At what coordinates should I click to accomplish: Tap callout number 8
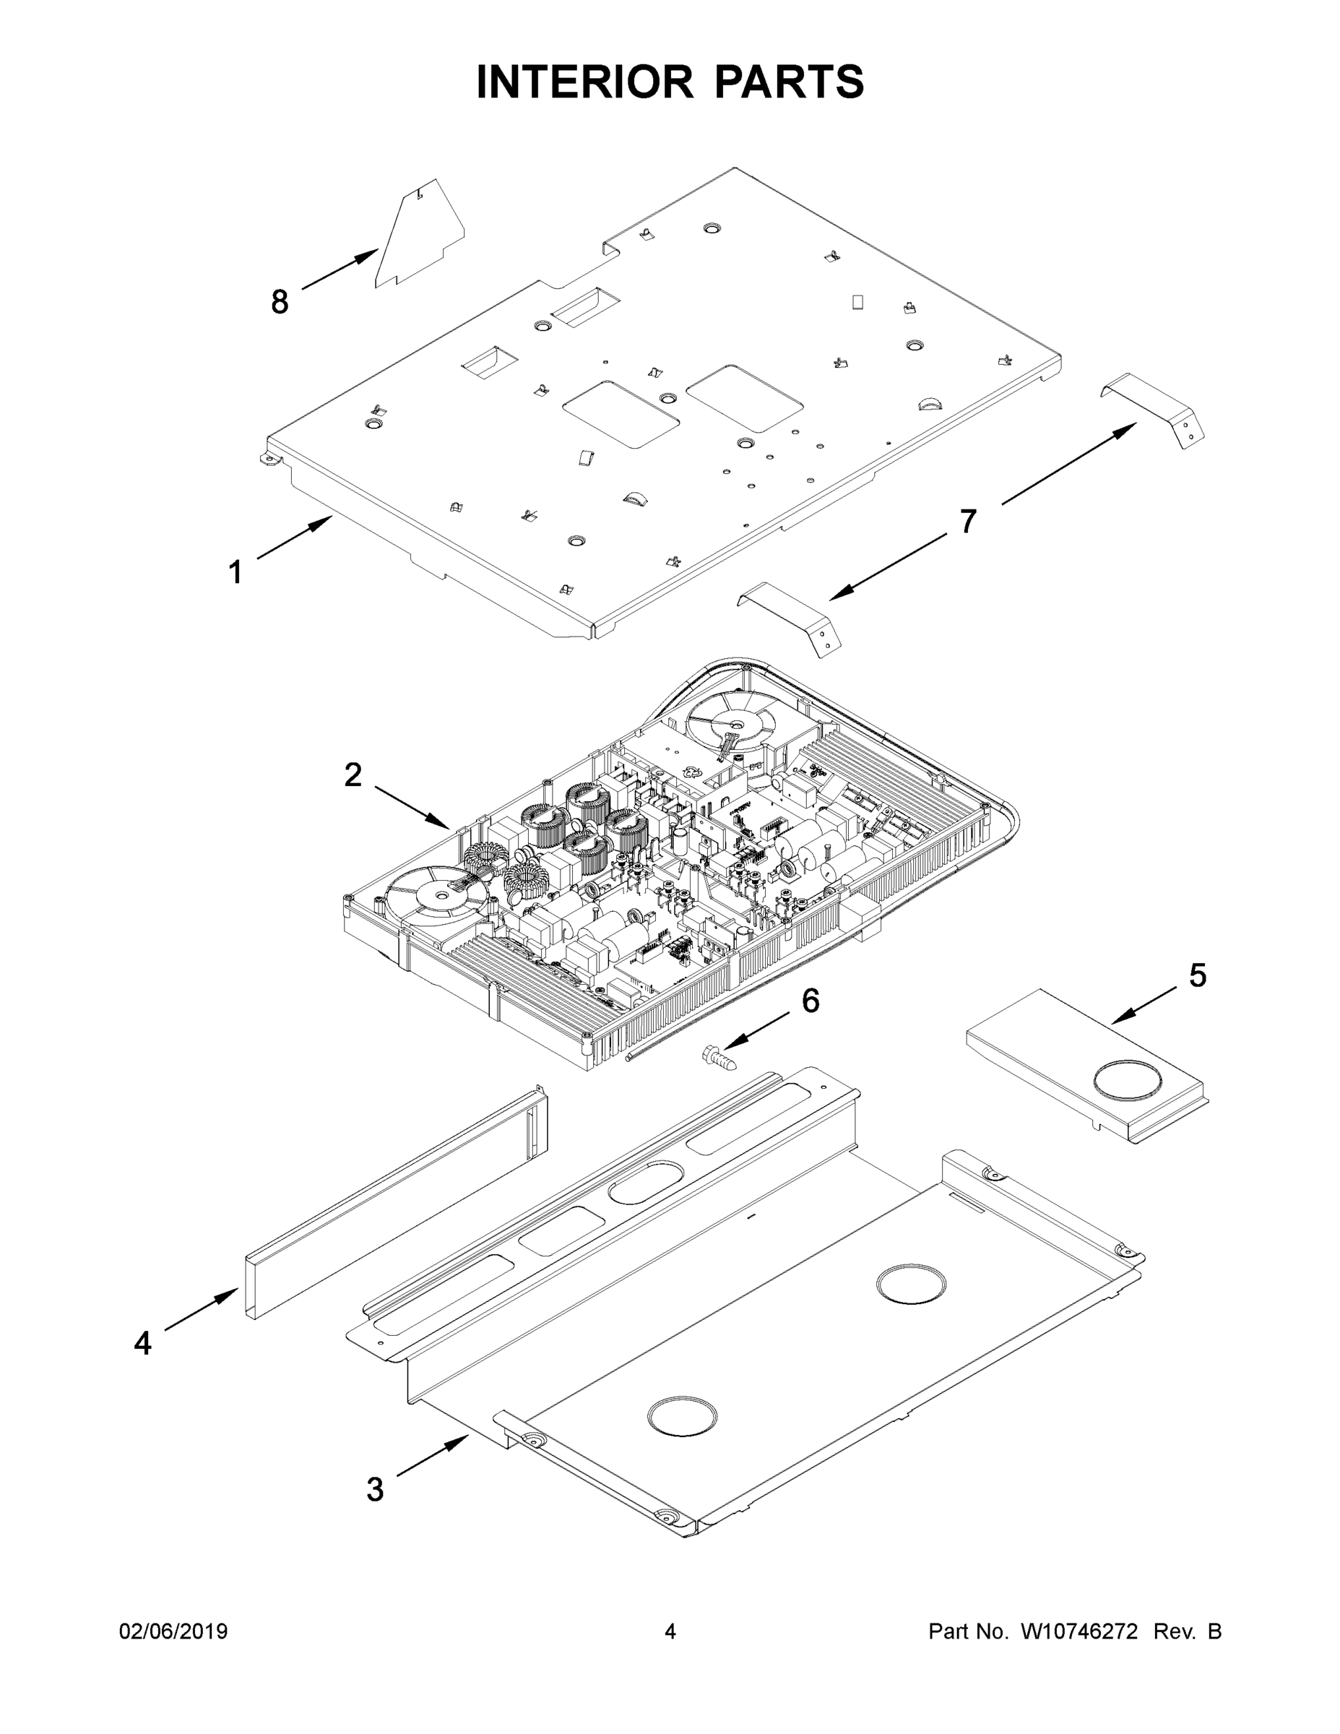280,302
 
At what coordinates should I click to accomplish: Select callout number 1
235,571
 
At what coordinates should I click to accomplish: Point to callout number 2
353,775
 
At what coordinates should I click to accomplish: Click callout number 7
967,522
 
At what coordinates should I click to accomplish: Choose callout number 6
810,1001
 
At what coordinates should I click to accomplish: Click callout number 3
375,1491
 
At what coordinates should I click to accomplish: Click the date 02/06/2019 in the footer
173,1631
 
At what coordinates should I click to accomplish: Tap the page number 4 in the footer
670,1631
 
